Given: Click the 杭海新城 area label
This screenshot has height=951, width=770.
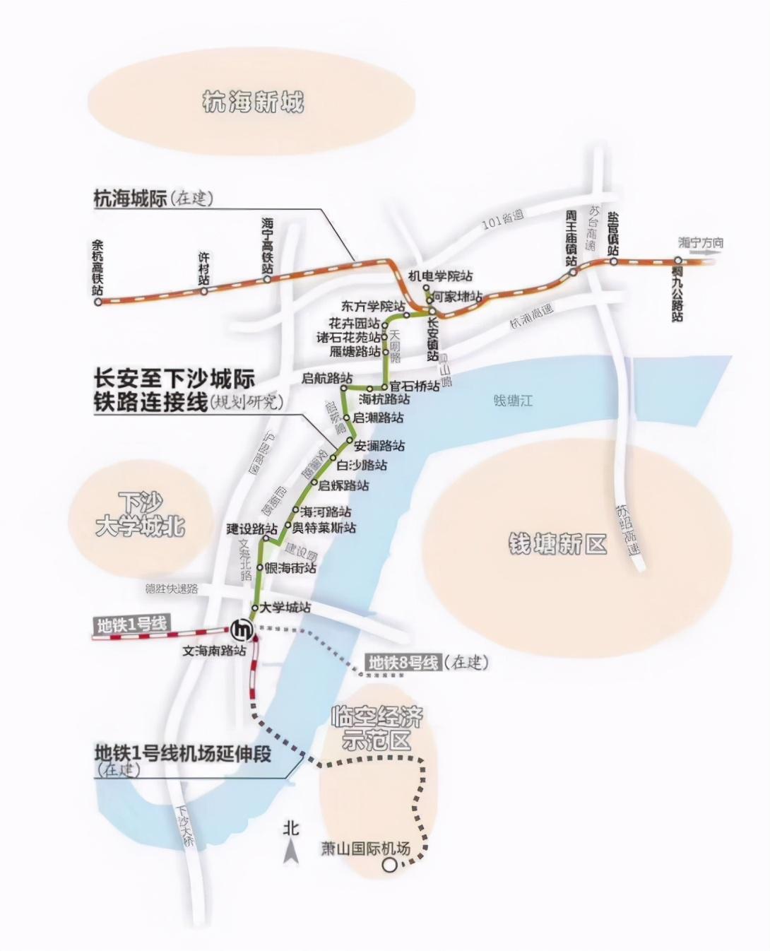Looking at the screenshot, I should [252, 102].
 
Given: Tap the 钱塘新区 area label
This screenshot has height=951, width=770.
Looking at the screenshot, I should [557, 544].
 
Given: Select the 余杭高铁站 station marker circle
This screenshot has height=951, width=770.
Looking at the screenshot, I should [98, 302].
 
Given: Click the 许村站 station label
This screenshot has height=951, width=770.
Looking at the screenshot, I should [203, 268].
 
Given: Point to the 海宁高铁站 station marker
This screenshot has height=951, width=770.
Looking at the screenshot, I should [267, 279].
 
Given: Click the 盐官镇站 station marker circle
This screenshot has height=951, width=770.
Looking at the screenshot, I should [614, 261].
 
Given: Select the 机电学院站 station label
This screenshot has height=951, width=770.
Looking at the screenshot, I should [442, 276].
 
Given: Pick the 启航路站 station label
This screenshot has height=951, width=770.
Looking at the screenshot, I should [326, 379].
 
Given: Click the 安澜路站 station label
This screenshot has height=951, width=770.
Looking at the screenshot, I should [379, 446].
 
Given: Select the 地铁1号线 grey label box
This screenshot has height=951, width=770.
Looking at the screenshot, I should [132, 625].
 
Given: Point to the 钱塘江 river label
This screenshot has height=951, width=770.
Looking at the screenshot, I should [514, 401].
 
